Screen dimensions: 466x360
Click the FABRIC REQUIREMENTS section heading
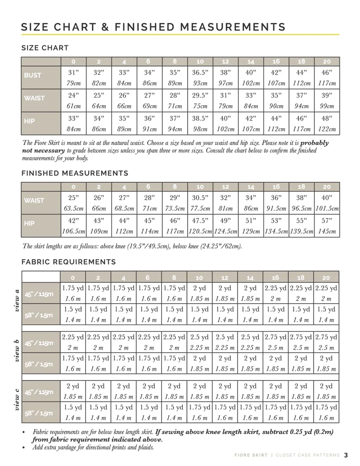(68, 262)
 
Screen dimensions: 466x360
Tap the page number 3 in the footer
(346, 455)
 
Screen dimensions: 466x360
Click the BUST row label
(33, 75)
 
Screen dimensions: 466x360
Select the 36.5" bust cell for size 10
(200, 72)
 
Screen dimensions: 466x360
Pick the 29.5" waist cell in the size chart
(200, 95)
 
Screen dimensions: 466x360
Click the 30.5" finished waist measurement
(200, 198)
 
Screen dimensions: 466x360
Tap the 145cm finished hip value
(326, 231)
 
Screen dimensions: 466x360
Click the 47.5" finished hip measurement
(200, 220)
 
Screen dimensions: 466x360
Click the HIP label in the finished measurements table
(30, 224)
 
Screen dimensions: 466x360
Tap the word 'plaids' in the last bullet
(142, 447)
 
